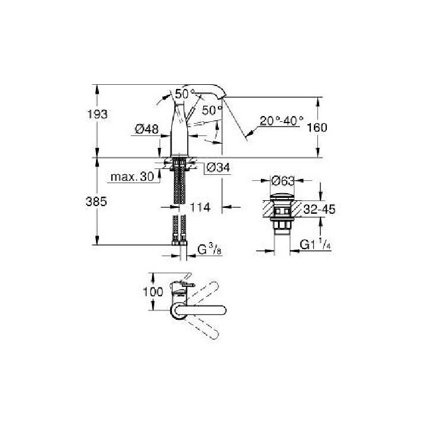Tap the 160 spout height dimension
[334, 127]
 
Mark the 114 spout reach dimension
[201, 207]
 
